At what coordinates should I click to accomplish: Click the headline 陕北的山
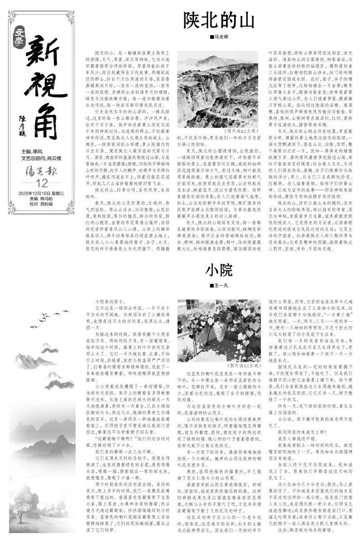219,21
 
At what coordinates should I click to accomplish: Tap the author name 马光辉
220,37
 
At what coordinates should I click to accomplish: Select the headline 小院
219,270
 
